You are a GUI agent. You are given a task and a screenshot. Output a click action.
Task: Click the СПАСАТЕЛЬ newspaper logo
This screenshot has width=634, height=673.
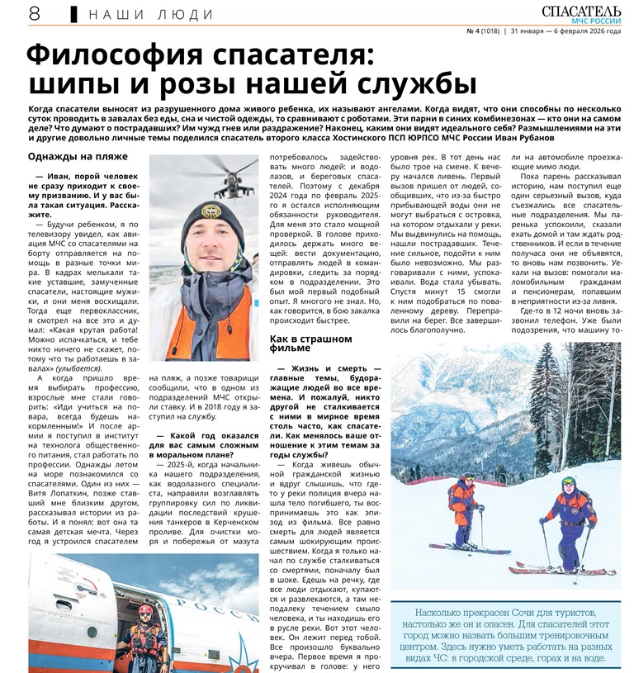(x=584, y=10)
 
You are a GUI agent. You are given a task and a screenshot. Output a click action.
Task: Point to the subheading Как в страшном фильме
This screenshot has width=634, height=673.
(x=310, y=343)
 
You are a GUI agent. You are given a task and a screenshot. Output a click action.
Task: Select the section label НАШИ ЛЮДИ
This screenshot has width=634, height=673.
(x=149, y=14)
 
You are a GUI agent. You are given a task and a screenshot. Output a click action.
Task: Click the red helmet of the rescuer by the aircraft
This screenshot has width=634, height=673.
(x=146, y=612)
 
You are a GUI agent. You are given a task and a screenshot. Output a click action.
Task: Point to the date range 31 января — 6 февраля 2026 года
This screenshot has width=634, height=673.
(x=570, y=31)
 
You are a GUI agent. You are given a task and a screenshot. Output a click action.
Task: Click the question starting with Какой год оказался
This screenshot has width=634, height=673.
(x=203, y=446)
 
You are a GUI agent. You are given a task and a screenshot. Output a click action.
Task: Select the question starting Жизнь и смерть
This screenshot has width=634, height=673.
(x=325, y=397)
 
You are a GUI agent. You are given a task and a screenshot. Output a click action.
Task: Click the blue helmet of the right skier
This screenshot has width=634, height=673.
(x=570, y=481)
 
